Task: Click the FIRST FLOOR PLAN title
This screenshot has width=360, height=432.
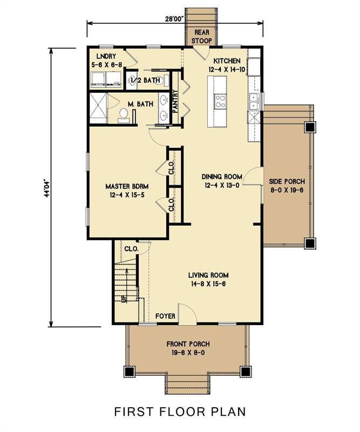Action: (180, 411)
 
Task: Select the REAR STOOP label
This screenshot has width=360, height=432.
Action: (201, 36)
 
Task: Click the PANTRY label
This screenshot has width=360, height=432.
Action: (175, 102)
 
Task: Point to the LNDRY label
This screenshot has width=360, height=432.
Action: (106, 56)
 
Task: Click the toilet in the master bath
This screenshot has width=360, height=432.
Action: (124, 114)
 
